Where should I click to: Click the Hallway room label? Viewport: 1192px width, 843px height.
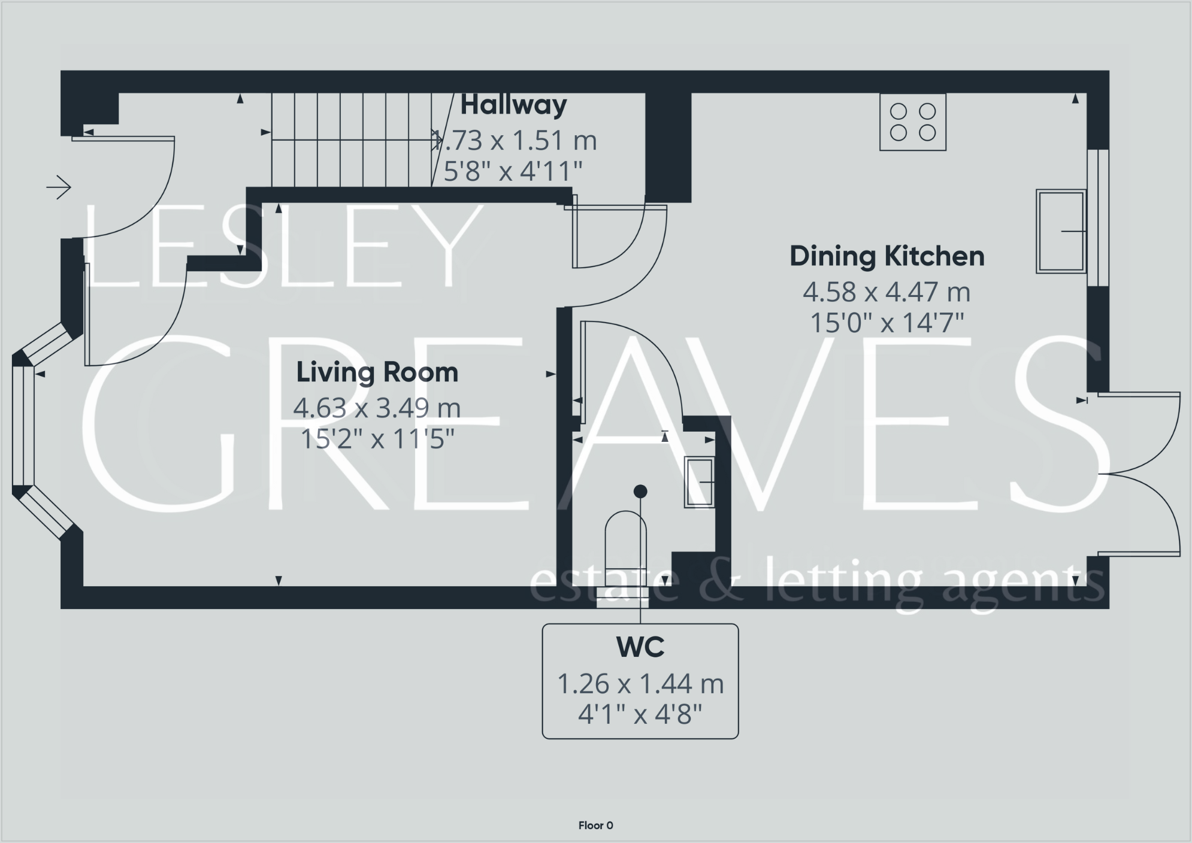click(513, 106)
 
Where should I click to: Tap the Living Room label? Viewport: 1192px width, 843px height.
click(377, 372)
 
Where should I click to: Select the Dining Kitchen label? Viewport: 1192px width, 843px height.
click(887, 256)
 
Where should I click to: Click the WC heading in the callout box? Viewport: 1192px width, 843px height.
click(640, 647)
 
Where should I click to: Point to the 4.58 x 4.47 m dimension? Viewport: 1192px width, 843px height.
click(887, 292)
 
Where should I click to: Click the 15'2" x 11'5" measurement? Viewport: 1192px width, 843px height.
click(377, 440)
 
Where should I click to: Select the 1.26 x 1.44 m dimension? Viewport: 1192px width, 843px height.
click(640, 684)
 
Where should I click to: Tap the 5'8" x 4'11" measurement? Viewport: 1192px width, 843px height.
click(513, 172)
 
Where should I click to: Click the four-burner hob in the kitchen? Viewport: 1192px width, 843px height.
click(913, 122)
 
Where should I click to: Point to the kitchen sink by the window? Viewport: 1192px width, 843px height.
click(1061, 231)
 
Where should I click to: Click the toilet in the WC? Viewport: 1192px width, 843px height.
click(625, 557)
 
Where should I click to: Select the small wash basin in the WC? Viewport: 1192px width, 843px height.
click(700, 483)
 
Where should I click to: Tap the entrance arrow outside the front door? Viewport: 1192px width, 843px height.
click(59, 187)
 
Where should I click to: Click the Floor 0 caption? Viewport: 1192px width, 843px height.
click(595, 826)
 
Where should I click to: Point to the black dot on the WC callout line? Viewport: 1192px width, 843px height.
click(640, 492)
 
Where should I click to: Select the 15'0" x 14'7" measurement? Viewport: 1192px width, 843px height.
click(887, 324)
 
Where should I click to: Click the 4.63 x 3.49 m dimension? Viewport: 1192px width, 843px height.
click(377, 408)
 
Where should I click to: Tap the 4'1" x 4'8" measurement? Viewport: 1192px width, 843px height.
click(640, 715)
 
